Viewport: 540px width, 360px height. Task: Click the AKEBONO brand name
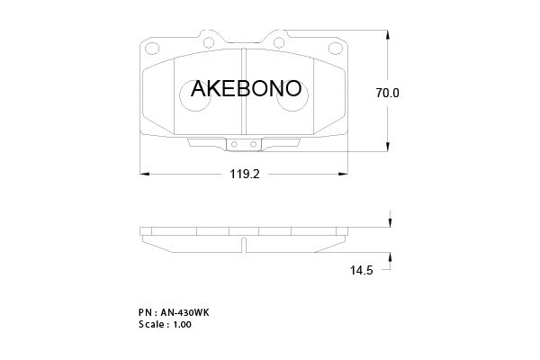pos(246,88)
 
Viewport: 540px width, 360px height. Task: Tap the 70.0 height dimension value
pos(387,93)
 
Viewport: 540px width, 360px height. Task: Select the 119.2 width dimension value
pos(245,175)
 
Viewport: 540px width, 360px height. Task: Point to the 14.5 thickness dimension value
pos(361,270)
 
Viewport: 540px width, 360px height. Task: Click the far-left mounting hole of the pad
pos(151,48)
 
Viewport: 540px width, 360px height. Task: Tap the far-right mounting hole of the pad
pos(336,48)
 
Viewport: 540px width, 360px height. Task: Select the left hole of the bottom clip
pos(234,144)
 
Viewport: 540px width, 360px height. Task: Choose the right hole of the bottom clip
pos(254,144)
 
